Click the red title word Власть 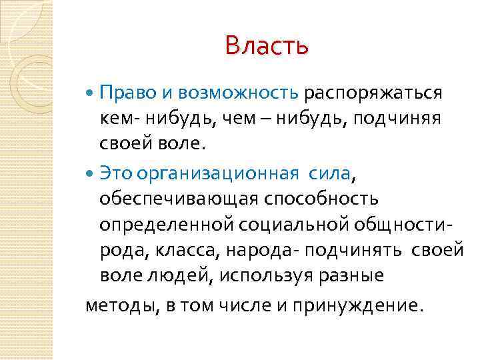[267, 46]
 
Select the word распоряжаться [374, 92]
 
